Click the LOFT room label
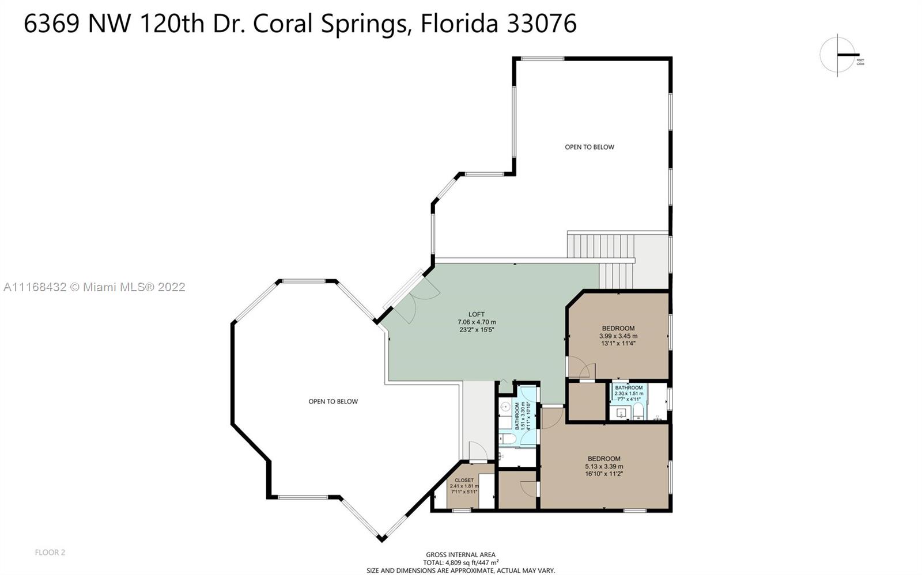tap(477, 314)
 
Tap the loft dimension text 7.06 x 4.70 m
tap(477, 322)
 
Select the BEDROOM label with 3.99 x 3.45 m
tap(618, 328)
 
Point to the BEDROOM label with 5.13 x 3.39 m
tap(604, 459)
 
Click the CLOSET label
tap(464, 480)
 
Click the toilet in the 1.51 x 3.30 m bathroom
tap(506, 439)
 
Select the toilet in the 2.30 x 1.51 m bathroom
tap(638, 412)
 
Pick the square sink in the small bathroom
tap(621, 412)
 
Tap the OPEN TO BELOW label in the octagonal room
tap(333, 401)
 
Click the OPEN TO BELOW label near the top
tap(590, 147)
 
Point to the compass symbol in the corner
tap(838, 55)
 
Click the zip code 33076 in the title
tap(541, 24)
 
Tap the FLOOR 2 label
tap(50, 553)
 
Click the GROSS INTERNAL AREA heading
tap(460, 555)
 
